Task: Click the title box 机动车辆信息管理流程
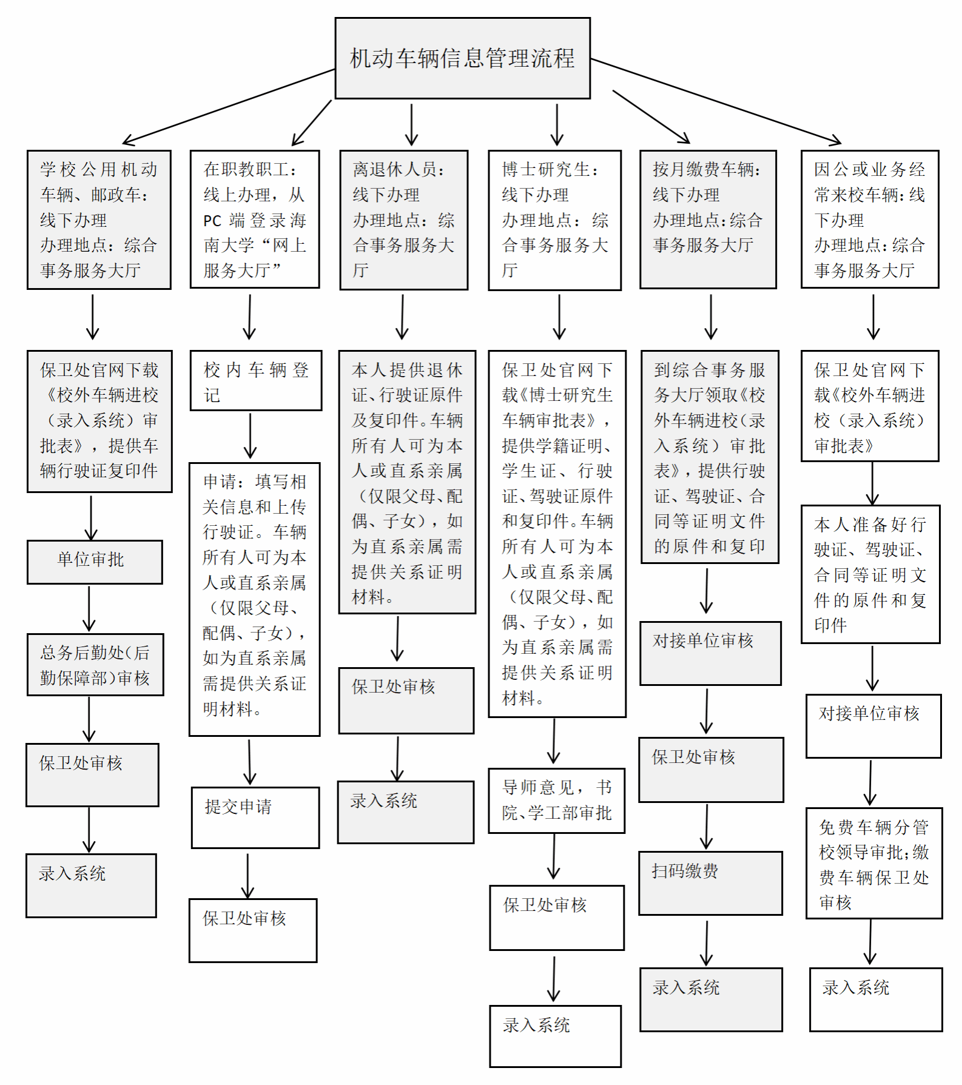[462, 58]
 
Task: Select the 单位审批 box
[95, 562]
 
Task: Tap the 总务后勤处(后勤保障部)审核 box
[95, 665]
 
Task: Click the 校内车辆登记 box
[255, 380]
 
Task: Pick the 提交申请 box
[255, 817]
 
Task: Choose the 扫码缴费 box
[710, 882]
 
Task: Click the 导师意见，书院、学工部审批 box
[556, 801]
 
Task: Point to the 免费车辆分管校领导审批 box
[873, 863]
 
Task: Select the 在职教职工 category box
[254, 219]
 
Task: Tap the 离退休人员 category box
[403, 220]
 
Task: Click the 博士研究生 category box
[554, 220]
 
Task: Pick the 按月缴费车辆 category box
[708, 219]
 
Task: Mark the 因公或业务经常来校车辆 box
[869, 219]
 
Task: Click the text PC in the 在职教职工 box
[212, 221]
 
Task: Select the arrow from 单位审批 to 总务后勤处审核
[89, 608]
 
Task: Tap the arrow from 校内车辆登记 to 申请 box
[250, 435]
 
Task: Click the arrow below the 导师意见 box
[554, 857]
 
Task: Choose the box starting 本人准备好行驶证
[870, 574]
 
